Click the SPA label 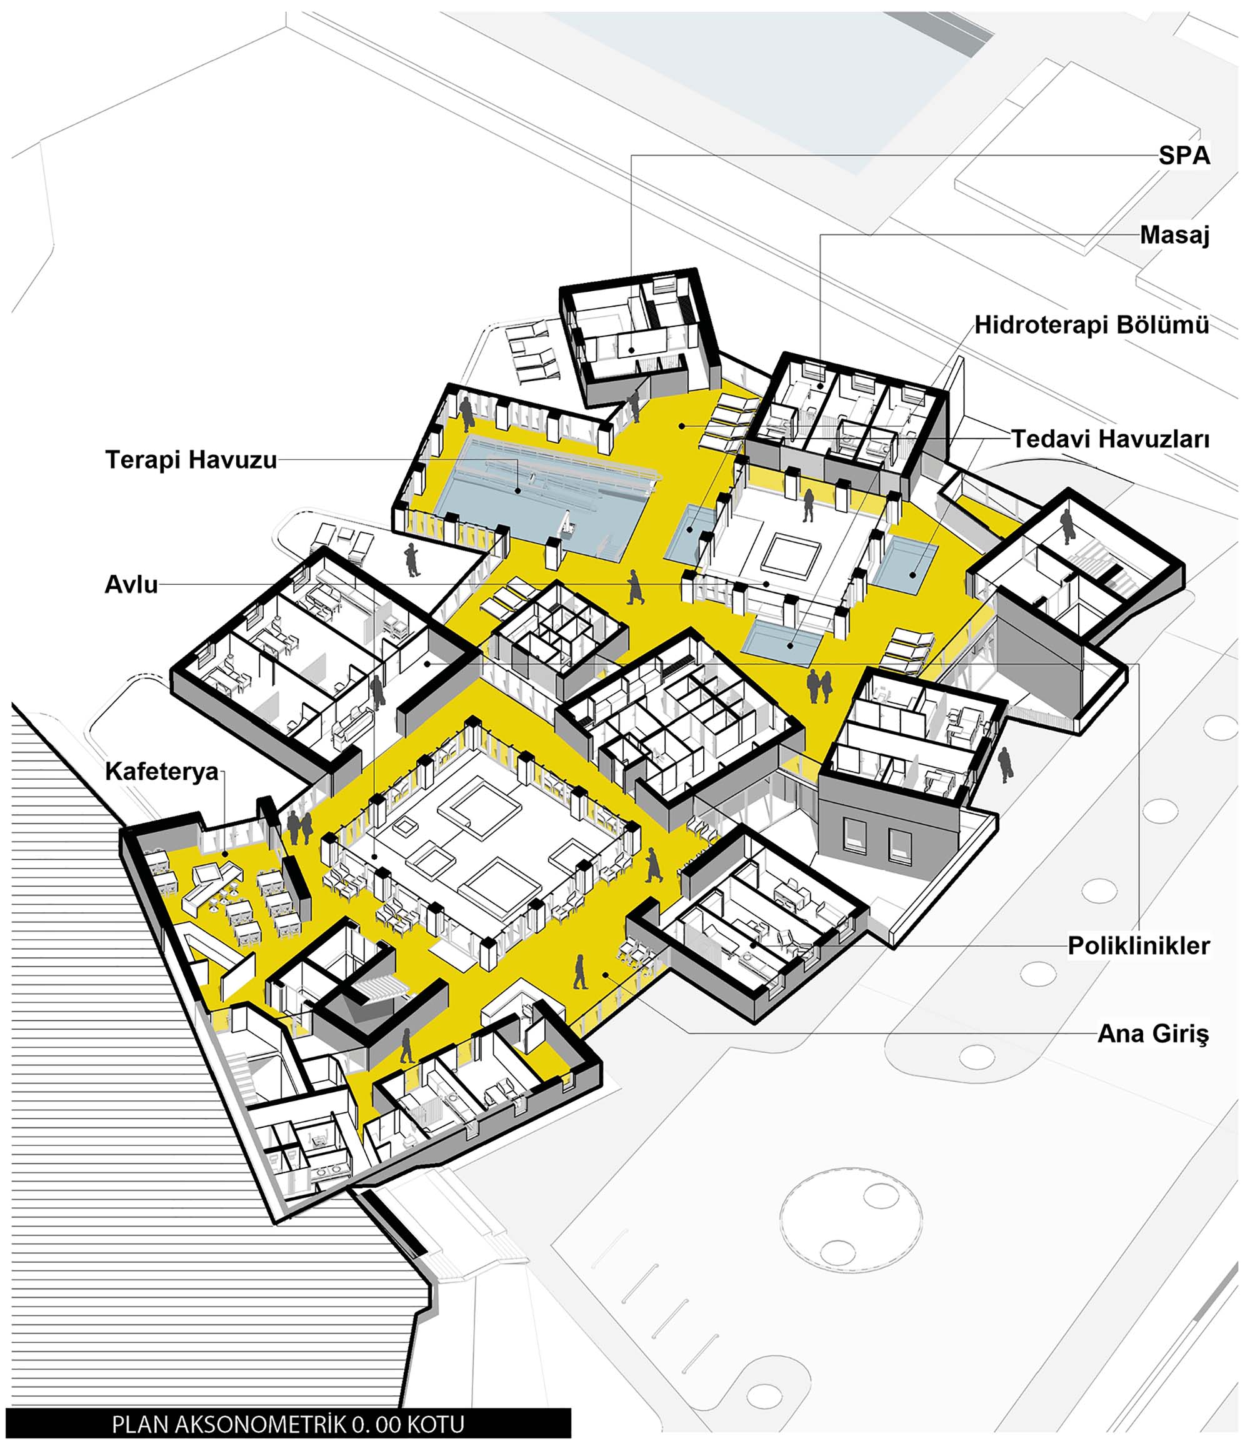pyautogui.click(x=1184, y=156)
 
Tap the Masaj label pyautogui.click(x=1174, y=236)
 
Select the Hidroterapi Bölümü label pyautogui.click(x=1092, y=325)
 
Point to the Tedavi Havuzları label pyautogui.click(x=1111, y=439)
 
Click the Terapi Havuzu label pyautogui.click(x=191, y=459)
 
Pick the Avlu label pyautogui.click(x=131, y=584)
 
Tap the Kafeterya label pyautogui.click(x=162, y=772)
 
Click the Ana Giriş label pyautogui.click(x=1153, y=1033)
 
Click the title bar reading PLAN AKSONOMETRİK pyautogui.click(x=288, y=1424)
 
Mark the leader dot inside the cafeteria pyautogui.click(x=225, y=854)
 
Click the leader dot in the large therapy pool pyautogui.click(x=518, y=490)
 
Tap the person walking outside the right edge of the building pyautogui.click(x=1004, y=764)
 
